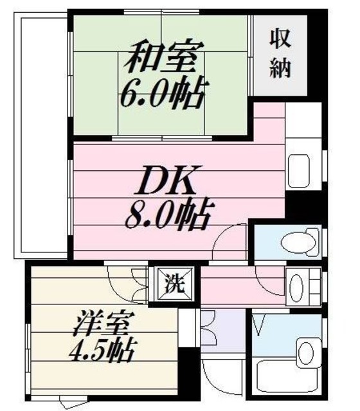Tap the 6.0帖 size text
(x=161, y=94)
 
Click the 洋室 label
(x=94, y=322)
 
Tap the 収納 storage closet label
(x=280, y=54)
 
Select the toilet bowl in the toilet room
(x=298, y=241)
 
